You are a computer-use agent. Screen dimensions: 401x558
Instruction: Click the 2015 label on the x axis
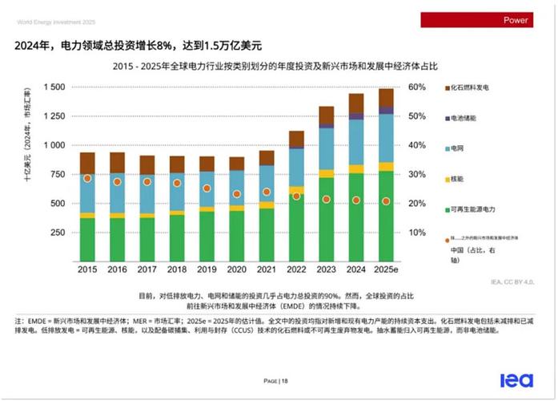pos(87,270)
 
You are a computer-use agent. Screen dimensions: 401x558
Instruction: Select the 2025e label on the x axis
pos(387,270)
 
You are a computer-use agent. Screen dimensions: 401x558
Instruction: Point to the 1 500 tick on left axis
pos(54,87)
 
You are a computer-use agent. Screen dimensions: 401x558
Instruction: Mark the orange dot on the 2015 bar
pos(87,178)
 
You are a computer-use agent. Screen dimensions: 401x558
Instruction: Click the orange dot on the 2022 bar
pos(296,196)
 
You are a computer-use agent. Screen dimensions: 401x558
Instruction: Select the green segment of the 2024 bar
pos(356,217)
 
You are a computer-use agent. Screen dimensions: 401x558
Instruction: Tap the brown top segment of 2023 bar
pos(327,115)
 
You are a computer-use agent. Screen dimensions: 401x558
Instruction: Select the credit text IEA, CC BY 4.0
pos(511,282)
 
